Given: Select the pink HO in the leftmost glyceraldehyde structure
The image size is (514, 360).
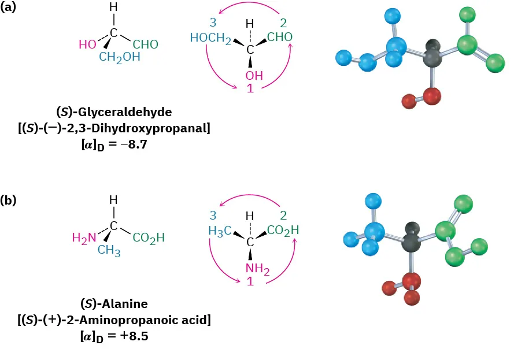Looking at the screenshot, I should (87, 44).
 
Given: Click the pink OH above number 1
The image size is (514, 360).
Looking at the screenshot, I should (250, 76).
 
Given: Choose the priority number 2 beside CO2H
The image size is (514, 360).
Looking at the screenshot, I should (283, 216).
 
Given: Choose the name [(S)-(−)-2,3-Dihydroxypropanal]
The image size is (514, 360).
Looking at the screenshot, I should (114, 128).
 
